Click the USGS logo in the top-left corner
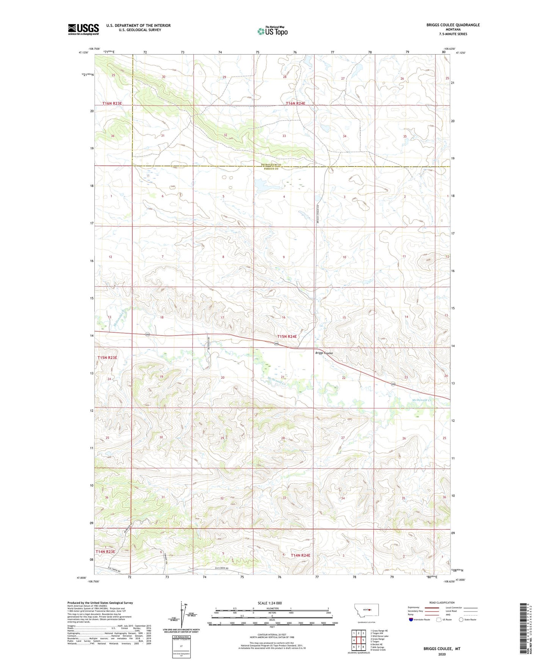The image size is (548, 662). click(83, 29)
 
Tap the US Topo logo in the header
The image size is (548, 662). click(272, 31)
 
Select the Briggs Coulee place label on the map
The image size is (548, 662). click(324, 353)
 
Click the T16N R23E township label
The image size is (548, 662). click(112, 103)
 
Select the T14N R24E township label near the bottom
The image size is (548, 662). click(300, 555)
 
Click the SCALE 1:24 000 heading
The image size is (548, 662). click(270, 603)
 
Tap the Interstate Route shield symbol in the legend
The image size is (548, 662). click(411, 620)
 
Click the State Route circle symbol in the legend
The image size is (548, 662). click(461, 620)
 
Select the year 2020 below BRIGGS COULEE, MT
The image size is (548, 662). click(442, 654)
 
